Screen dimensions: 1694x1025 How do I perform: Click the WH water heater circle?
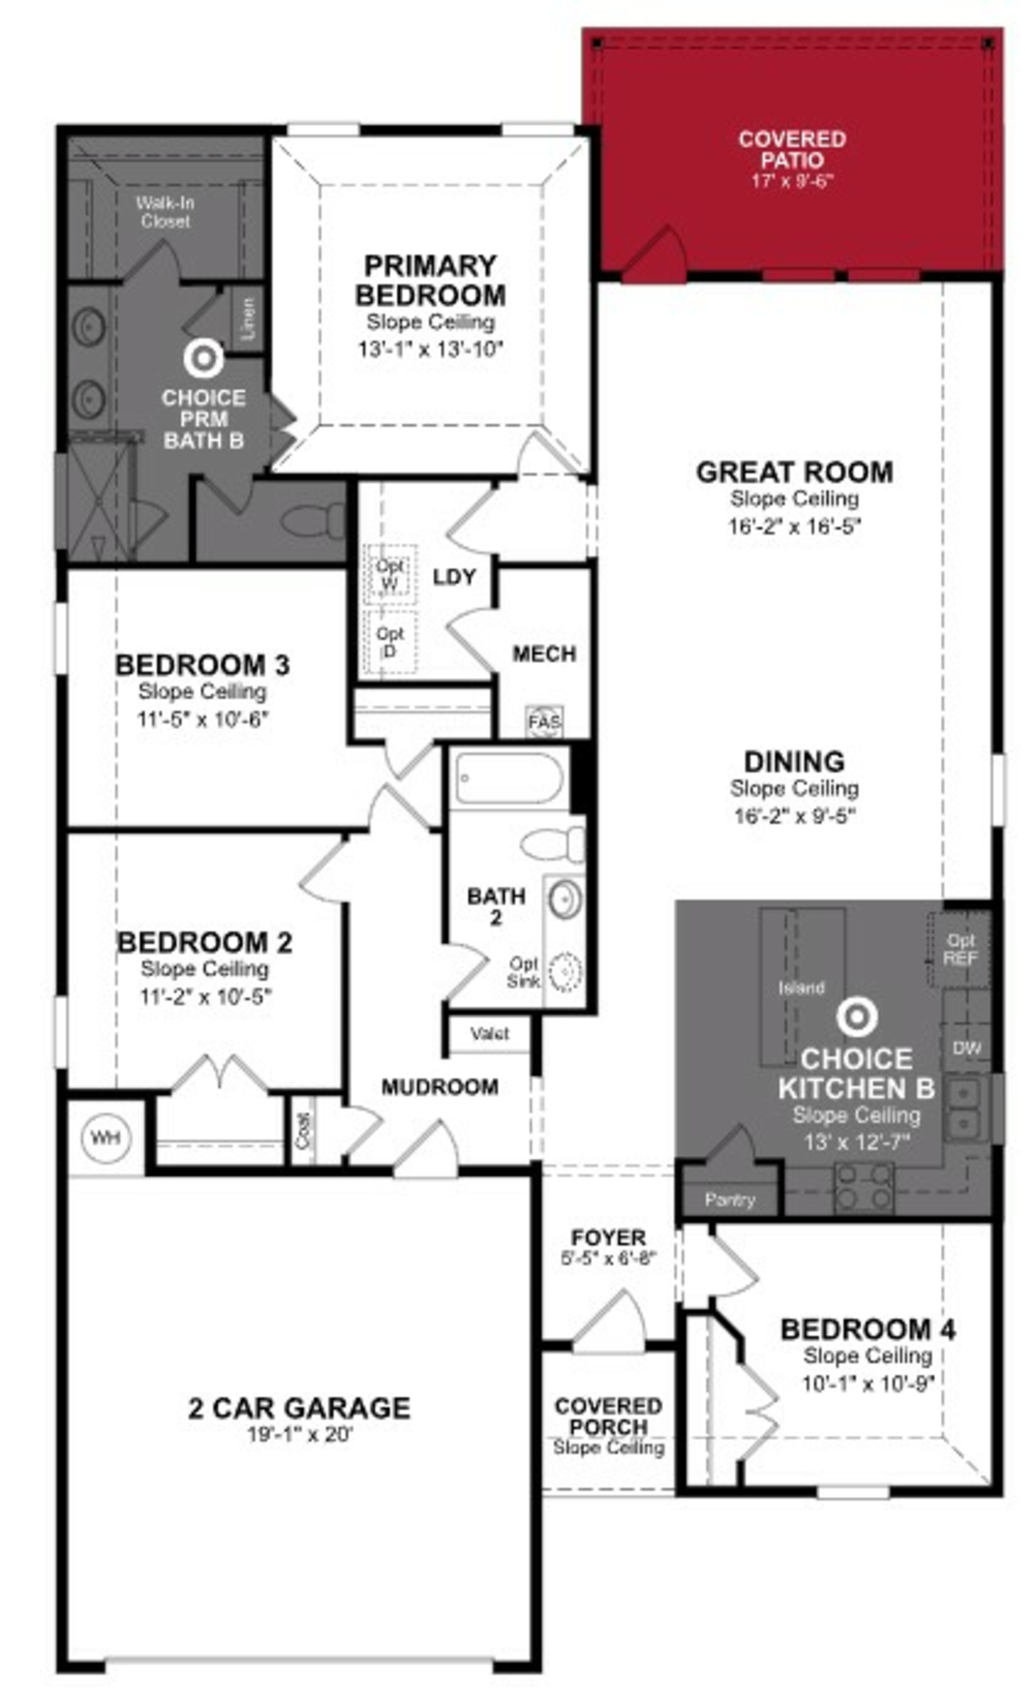(x=104, y=1137)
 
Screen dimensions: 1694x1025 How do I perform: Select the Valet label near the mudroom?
(x=490, y=1033)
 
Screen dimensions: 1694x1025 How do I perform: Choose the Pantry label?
(x=730, y=1200)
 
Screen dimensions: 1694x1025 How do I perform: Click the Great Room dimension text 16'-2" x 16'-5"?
(x=795, y=526)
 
